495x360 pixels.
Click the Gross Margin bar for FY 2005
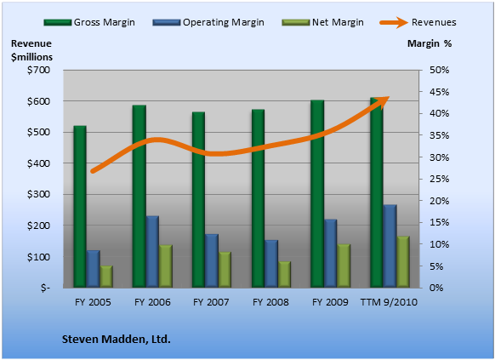pos(80,207)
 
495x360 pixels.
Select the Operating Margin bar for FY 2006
pos(152,252)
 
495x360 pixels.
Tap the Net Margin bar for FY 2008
pos(284,274)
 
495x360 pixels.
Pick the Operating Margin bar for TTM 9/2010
pos(390,246)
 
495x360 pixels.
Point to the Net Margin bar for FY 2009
pos(344,266)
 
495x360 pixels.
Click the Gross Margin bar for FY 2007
pos(198,200)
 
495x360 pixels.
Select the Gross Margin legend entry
pos(89,22)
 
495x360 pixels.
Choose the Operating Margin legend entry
pos(208,22)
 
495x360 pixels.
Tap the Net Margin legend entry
pos(322,22)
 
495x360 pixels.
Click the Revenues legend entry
pos(418,22)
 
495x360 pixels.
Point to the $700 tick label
pos(38,70)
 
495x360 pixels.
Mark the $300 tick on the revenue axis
pos(38,194)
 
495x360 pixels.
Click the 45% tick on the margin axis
pos(439,92)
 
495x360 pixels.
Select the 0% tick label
pos(436,288)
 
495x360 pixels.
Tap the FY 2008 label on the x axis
pos(270,302)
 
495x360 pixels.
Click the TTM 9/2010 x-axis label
pos(389,302)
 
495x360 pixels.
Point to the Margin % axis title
pos(430,43)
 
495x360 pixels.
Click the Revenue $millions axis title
pos(31,50)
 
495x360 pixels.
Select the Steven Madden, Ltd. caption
pos(117,340)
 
